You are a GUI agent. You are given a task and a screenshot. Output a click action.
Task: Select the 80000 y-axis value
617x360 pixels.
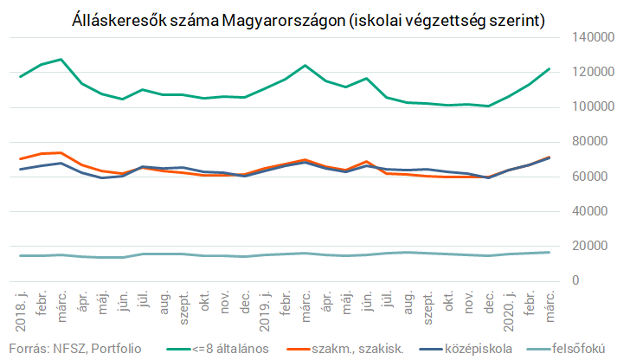click(590, 142)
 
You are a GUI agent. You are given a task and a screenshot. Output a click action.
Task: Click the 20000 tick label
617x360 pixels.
click(590, 246)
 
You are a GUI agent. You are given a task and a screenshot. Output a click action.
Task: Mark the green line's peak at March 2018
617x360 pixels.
click(61, 60)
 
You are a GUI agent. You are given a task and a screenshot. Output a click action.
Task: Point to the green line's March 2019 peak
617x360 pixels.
click(305, 66)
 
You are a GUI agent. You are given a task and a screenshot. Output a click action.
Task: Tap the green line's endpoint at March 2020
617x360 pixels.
click(550, 69)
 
